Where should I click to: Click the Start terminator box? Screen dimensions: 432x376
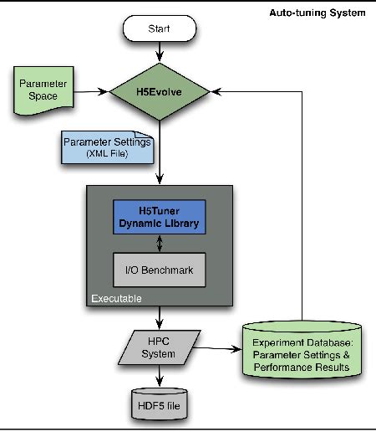pyautogui.click(x=159, y=29)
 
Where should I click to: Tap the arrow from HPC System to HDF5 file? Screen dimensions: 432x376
pyautogui.click(x=159, y=374)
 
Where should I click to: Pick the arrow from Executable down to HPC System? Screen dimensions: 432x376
pyautogui.click(x=159, y=320)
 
